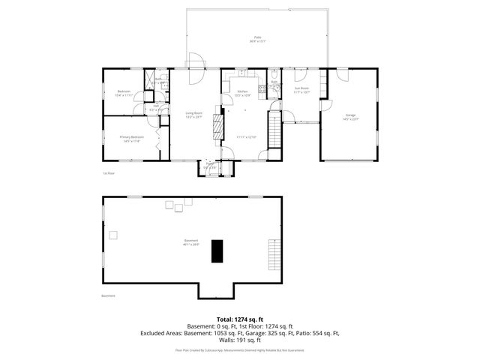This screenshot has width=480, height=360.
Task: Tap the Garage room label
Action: (x=350, y=118)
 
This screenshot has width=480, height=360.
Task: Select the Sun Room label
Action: (x=301, y=90)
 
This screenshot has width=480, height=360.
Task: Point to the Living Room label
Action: (x=194, y=115)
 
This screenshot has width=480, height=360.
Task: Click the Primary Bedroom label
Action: (x=131, y=139)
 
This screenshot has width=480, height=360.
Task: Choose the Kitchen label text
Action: (x=242, y=94)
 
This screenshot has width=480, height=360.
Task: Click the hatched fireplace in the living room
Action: (x=218, y=123)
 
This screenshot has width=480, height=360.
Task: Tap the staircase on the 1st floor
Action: (x=274, y=135)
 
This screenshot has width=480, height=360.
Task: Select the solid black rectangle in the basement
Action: (x=217, y=250)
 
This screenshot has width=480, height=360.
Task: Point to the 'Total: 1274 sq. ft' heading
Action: (x=239, y=319)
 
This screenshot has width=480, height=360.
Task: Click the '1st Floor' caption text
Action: (x=108, y=173)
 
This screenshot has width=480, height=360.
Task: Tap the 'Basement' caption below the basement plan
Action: (x=109, y=295)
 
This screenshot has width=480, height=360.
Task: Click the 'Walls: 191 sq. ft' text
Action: (x=239, y=339)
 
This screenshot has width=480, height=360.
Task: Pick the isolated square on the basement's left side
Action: (x=113, y=235)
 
